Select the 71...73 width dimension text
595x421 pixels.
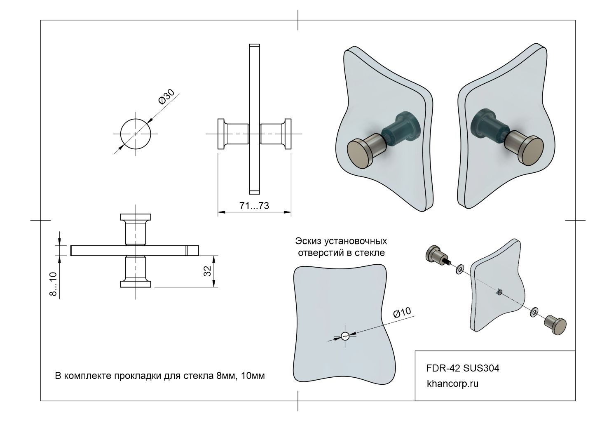254,205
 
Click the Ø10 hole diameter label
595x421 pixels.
402,313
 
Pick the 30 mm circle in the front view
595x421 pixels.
136,134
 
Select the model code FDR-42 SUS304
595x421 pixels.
463,368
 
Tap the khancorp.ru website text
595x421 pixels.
453,384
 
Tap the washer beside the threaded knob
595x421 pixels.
459,268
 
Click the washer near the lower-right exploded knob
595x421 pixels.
534,312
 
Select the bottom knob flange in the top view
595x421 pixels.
136,284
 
